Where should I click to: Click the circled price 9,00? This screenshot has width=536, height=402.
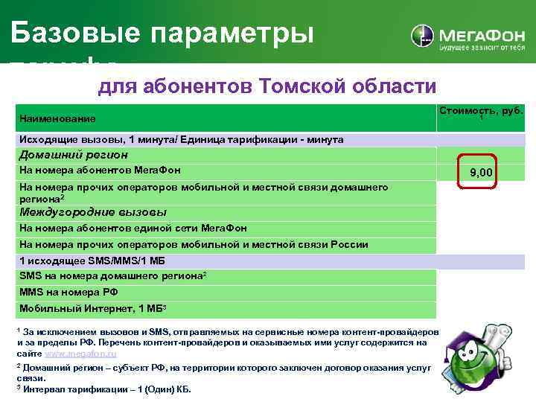pyautogui.click(x=481, y=173)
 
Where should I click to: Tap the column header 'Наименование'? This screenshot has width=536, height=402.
pyautogui.click(x=57, y=118)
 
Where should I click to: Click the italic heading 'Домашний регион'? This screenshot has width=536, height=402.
pyautogui.click(x=74, y=155)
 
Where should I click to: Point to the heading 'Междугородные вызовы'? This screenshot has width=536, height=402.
pyautogui.click(x=92, y=212)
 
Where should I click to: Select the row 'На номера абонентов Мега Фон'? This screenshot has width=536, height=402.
pyautogui.click(x=100, y=170)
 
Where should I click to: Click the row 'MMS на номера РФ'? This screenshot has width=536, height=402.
pyautogui.click(x=68, y=292)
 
